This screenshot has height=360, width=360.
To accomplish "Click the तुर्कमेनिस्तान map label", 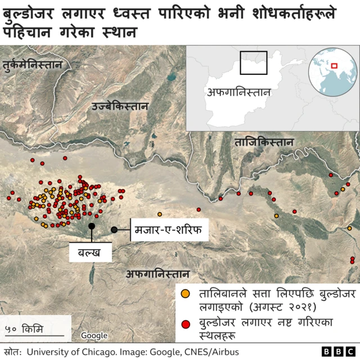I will pos(31,65).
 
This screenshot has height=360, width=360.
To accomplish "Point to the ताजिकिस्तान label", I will pos(264,142).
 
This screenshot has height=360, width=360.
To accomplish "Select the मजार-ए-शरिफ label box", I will pos(169,229).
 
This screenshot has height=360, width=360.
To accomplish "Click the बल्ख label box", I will pos(90,253).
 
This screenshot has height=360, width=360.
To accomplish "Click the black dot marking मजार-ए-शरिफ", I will pos(115,229).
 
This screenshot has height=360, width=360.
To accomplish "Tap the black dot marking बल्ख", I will pos(91,226).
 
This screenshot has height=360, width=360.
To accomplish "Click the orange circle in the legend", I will pos(185,294).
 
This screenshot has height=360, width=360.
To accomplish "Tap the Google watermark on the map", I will pos(93,336).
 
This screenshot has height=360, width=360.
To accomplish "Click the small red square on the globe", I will pos(335,65).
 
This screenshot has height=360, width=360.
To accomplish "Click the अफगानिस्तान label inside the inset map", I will pos(238,92).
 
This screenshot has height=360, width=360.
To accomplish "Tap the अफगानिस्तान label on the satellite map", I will pos(157,274).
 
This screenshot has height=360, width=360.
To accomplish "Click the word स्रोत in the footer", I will pos(11,352).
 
